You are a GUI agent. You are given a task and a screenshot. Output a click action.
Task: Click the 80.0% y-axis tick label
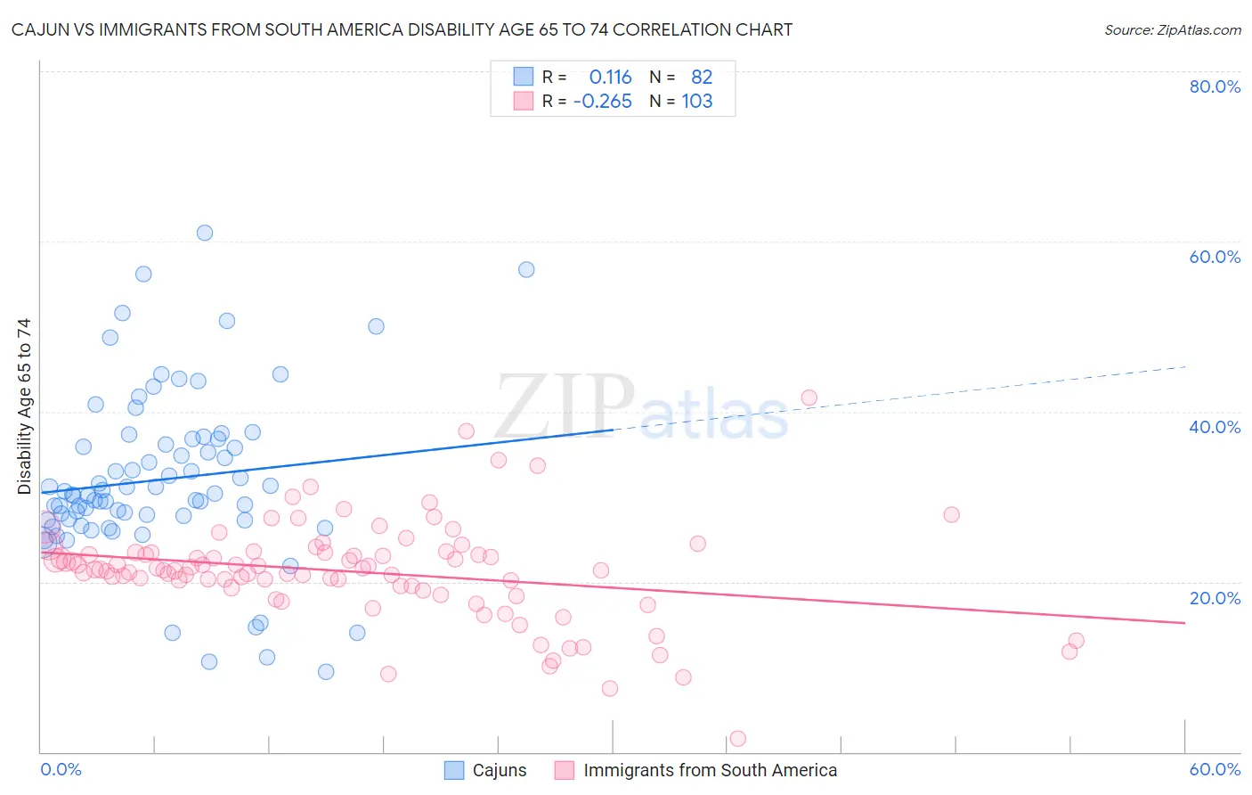tap(1215, 86)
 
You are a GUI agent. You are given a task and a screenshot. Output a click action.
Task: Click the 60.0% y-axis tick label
tap(1215, 257)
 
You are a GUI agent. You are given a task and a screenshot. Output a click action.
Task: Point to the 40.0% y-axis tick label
tap(1215, 427)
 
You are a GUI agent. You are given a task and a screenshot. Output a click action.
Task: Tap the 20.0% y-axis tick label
tap(1215, 598)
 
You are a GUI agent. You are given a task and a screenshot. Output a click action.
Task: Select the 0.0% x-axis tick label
tap(61, 769)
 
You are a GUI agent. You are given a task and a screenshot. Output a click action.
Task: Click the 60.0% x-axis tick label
tap(1215, 769)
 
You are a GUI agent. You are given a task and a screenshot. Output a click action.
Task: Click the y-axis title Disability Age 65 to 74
tap(24, 406)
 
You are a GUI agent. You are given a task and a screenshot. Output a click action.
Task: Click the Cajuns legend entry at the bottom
tap(499, 770)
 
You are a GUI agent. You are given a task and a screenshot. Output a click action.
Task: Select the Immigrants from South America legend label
tap(710, 770)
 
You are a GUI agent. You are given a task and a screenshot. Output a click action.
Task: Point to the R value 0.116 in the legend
tap(610, 78)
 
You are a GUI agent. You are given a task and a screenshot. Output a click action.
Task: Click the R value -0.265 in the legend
tap(603, 102)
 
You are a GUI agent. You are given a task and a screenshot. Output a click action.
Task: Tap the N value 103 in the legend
tap(697, 102)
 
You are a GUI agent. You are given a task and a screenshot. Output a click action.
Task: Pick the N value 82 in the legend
tap(702, 78)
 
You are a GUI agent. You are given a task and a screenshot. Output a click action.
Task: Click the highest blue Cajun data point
tap(205, 233)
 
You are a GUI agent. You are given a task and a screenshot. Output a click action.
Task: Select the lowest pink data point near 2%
tap(737, 738)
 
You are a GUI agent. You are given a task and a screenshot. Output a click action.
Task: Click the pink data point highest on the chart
tap(809, 397)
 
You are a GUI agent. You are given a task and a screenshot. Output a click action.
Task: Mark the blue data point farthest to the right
tap(526, 269)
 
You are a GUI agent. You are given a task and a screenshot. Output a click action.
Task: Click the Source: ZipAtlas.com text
tap(1172, 30)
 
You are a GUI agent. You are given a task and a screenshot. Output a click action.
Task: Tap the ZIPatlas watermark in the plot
tap(641, 407)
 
